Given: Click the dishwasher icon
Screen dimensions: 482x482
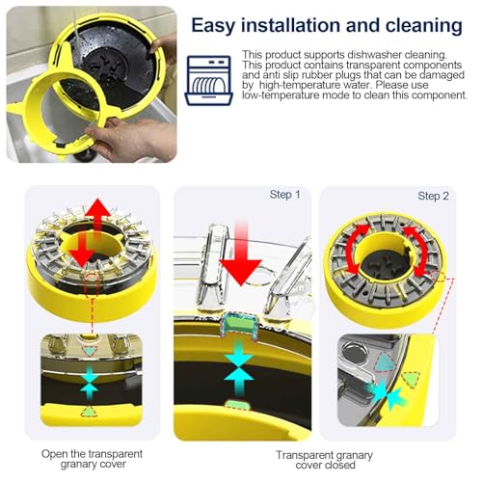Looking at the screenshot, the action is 209,80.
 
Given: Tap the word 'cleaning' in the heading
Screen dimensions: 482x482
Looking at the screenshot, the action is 424,26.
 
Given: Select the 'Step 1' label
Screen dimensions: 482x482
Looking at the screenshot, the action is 284,195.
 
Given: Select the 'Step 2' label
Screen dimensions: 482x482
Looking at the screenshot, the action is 433,196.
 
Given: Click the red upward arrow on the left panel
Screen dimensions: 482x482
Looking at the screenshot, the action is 97,215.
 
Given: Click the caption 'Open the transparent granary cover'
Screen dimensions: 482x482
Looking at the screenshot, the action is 92,459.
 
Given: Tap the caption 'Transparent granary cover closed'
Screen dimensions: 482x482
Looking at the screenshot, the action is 325,460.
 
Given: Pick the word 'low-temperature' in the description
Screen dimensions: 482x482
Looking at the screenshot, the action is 281,95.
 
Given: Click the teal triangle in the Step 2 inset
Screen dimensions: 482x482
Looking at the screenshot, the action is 385,363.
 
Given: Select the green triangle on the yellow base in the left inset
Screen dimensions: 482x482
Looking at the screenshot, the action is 89,412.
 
